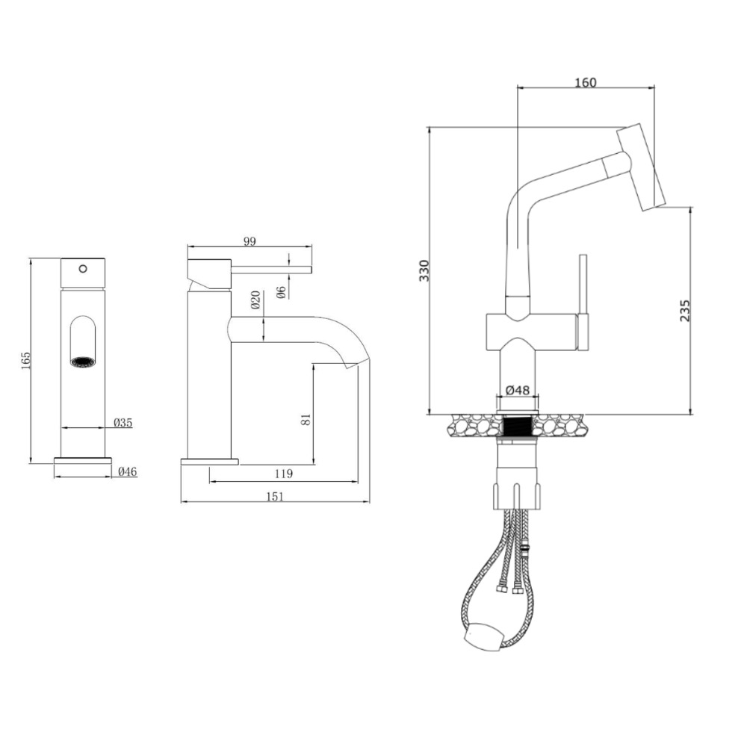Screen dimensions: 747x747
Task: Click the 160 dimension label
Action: (586, 82)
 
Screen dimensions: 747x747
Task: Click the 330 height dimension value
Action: (424, 270)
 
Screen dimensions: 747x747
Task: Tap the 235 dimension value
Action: (684, 310)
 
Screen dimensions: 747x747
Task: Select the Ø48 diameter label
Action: (517, 390)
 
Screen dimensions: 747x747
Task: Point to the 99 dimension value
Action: (249, 241)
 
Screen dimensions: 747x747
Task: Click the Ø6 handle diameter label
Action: (281, 292)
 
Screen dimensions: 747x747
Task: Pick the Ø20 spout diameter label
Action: (255, 300)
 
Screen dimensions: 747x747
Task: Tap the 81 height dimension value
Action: (306, 419)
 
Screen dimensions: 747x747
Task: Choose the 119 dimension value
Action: (283, 474)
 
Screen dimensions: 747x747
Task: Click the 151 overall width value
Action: (274, 497)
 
